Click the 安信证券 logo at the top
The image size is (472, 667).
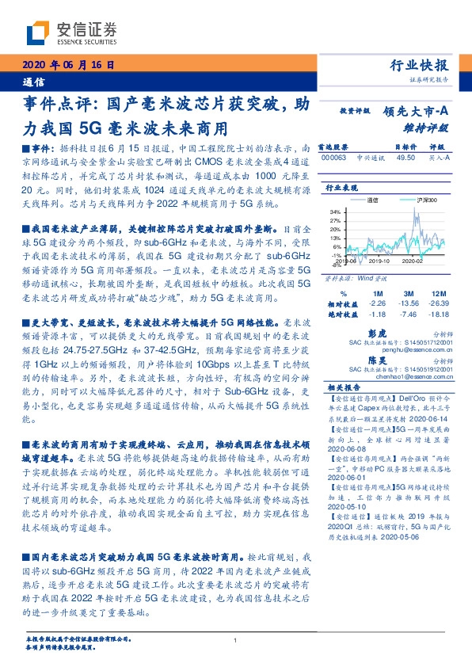[x=71, y=32]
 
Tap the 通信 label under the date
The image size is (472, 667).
[x=35, y=82]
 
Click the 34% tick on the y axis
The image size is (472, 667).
[x=335, y=212]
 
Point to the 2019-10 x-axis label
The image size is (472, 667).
[x=380, y=259]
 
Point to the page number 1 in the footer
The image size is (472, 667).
[x=236, y=640]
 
